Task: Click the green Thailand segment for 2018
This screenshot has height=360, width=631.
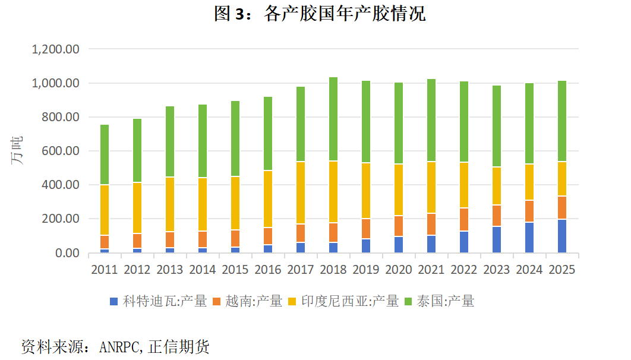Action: click(x=333, y=119)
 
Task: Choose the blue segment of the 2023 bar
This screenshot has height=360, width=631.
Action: click(x=497, y=240)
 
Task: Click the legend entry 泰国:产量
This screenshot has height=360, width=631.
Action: click(x=439, y=301)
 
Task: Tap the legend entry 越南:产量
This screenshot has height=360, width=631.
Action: click(x=247, y=301)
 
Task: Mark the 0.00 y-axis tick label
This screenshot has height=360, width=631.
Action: click(x=67, y=253)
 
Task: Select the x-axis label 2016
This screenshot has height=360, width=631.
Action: click(x=268, y=270)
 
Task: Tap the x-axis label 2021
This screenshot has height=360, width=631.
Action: click(x=431, y=270)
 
